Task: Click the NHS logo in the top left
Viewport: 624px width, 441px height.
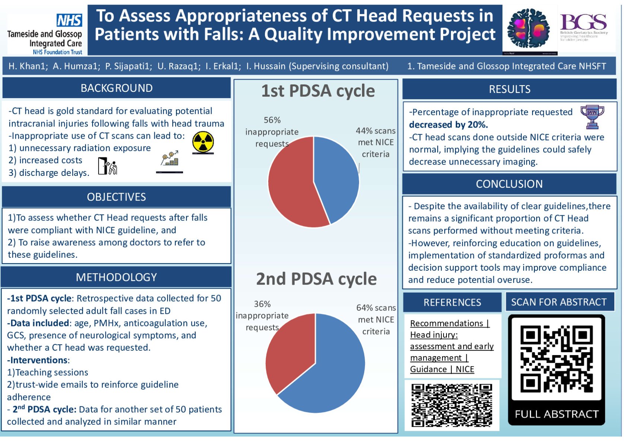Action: point(69,20)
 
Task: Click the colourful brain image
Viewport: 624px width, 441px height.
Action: point(529,29)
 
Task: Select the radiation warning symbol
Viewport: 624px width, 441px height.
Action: point(203,142)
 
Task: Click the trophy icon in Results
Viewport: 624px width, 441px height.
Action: point(592,116)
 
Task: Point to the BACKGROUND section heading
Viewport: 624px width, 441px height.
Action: point(116,88)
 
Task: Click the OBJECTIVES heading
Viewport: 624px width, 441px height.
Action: point(116,197)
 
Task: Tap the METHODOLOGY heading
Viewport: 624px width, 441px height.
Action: point(116,277)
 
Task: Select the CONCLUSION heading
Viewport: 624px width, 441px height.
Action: point(509,184)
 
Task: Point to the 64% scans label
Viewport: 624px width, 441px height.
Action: point(376,308)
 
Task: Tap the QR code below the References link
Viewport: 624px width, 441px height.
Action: point(452,405)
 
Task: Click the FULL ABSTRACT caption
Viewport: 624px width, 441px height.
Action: point(557,414)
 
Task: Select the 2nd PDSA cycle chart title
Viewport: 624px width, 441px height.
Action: point(316,279)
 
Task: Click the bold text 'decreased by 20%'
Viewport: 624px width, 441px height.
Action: point(448,125)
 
